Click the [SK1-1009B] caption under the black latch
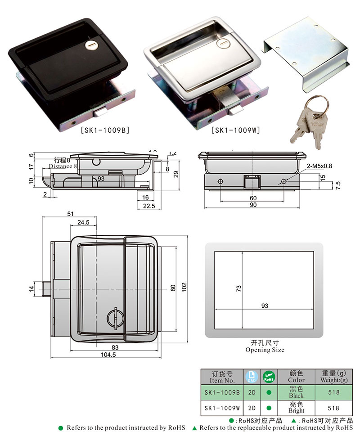pos(105,131)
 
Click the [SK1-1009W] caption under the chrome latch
pos(236,131)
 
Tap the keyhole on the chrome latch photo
pos(224,44)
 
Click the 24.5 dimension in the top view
pos(83,222)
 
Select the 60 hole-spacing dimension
pos(253,198)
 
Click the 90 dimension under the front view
pos(253,205)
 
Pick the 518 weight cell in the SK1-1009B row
pos(333,392)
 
